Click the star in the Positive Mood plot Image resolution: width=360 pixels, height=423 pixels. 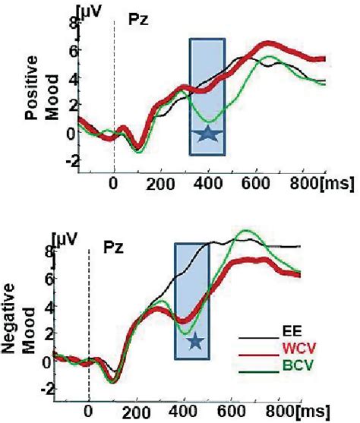[207, 135]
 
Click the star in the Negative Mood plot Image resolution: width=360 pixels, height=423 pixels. [195, 342]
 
